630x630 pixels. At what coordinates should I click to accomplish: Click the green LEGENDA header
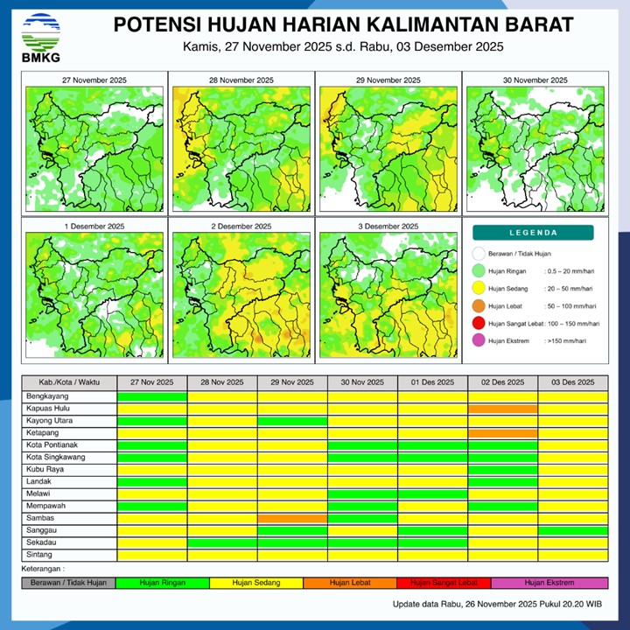pos(533,233)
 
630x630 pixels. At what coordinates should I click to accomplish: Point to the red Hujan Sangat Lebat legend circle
pos(478,324)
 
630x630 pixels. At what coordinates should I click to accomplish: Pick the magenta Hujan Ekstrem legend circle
pos(478,340)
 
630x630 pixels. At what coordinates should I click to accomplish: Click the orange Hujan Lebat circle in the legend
pos(478,306)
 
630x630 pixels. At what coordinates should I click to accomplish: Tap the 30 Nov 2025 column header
pos(362,382)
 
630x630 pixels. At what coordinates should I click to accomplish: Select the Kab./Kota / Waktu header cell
pos(69,382)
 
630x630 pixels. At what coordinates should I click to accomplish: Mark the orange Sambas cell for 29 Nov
pos(292,518)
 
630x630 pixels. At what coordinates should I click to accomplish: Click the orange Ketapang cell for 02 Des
pos(502,433)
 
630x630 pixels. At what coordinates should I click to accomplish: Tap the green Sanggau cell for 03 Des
pos(572,530)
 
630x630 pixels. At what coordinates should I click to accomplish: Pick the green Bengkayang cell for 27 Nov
pos(152,396)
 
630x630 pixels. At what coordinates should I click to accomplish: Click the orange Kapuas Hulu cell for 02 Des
pos(502,409)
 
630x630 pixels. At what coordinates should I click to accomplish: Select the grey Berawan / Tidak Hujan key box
pos(69,583)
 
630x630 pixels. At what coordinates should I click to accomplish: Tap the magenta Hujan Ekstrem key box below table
pos(549,583)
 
